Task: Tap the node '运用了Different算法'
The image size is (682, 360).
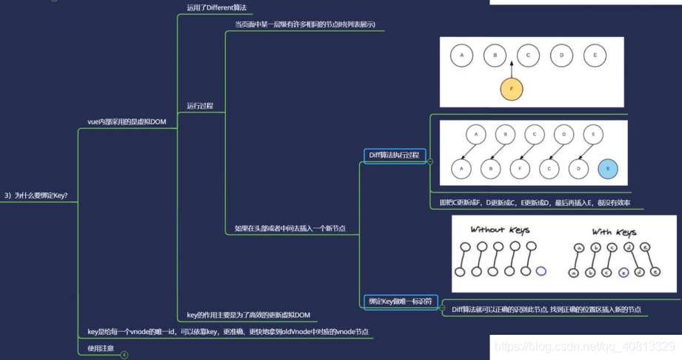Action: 216,7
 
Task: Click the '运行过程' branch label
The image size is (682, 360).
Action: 200,105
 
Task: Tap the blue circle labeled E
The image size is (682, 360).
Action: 608,170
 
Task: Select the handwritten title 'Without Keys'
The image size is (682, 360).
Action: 500,230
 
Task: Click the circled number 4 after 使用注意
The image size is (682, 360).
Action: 124,355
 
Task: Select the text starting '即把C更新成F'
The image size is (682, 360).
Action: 529,202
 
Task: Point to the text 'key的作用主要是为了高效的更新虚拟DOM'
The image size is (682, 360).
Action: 248,315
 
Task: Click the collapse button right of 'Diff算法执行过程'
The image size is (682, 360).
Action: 430,161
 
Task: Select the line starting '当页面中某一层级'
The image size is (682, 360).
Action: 305,24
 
